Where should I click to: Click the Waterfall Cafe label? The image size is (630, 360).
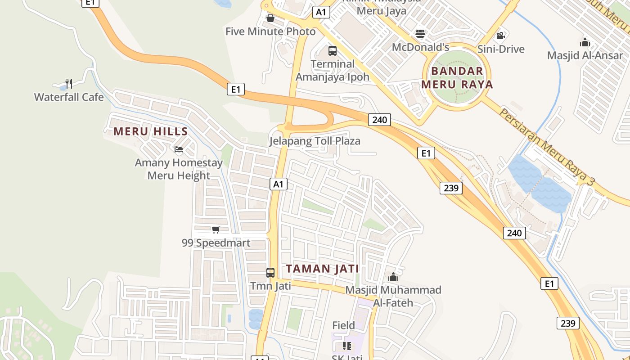(x=69, y=97)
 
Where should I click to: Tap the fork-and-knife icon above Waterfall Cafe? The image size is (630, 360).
(x=68, y=83)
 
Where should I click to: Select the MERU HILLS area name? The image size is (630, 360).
(x=150, y=131)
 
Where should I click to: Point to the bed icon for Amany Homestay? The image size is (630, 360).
(x=179, y=149)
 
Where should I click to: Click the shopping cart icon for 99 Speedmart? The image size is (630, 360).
(x=216, y=230)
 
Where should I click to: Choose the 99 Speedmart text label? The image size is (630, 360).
(x=216, y=243)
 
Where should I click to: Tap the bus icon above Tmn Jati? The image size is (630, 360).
(x=270, y=272)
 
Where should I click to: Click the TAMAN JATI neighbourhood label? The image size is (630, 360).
(x=323, y=269)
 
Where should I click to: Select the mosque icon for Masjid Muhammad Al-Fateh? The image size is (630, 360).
(x=393, y=276)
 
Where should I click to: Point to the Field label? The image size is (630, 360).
(x=343, y=325)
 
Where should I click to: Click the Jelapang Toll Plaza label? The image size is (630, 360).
(x=315, y=141)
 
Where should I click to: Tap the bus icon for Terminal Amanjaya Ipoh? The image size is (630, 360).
(x=333, y=51)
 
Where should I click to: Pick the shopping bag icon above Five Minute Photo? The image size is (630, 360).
(x=270, y=18)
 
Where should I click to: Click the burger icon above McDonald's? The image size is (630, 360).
(x=420, y=34)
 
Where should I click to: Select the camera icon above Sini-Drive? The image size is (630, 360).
(x=500, y=36)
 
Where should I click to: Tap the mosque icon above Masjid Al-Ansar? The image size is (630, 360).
(x=585, y=43)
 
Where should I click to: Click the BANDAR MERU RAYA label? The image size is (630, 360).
(x=457, y=77)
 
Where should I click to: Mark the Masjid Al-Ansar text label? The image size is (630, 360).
(x=585, y=55)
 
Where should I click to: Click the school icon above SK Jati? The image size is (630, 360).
(x=346, y=346)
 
